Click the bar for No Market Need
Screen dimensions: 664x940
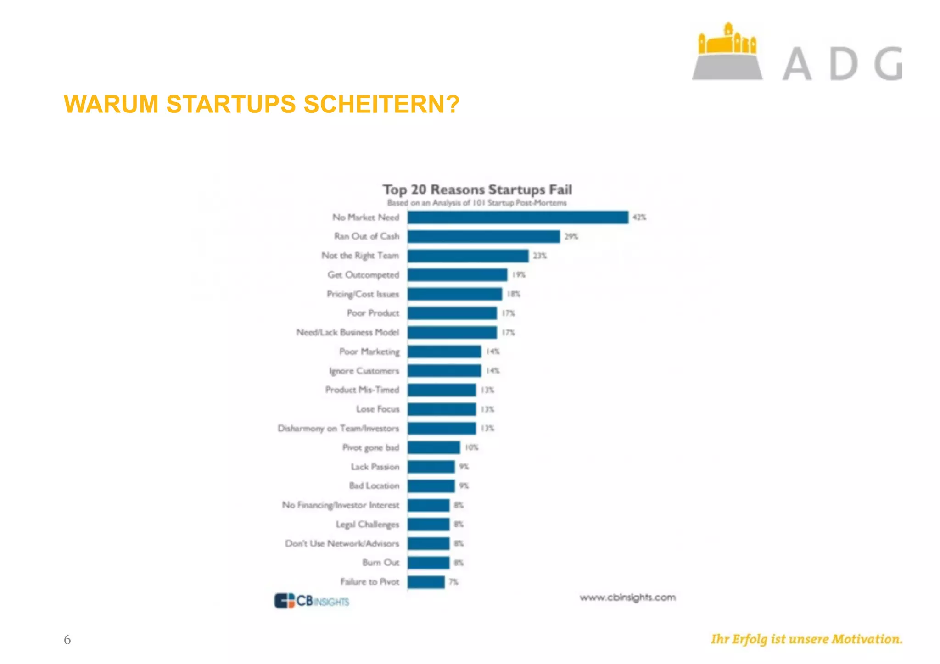[518, 218]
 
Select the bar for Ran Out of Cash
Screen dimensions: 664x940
[483, 237]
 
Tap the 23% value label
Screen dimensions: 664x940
[540, 256]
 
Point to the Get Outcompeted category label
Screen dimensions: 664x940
[363, 275]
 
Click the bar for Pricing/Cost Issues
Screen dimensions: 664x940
[454, 294]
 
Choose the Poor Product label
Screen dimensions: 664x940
[373, 313]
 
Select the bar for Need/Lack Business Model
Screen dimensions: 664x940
[452, 332]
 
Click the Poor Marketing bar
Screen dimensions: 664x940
[444, 352]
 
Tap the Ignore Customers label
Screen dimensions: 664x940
[364, 371]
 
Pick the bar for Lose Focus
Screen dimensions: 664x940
[442, 409]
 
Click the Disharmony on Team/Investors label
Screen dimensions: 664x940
[338, 429]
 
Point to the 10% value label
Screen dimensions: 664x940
[471, 447]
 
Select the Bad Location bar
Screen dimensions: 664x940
[431, 486]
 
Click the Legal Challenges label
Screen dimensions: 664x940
[367, 525]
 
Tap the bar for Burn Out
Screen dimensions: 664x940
[428, 563]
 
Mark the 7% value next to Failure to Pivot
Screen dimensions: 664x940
[453, 582]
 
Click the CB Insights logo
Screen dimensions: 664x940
[312, 601]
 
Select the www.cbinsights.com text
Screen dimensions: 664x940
[627, 597]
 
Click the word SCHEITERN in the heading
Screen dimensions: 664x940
[381, 104]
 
